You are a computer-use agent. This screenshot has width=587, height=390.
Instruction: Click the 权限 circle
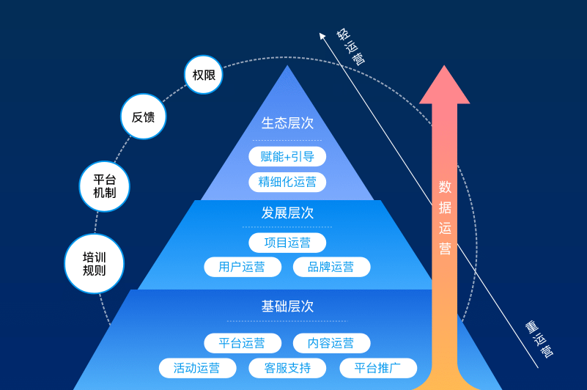pos(203,75)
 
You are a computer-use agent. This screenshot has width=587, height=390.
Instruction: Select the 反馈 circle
pos(144,117)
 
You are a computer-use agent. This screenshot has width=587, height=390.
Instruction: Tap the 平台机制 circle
pos(105,186)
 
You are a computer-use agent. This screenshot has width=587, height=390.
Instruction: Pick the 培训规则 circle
pos(95,263)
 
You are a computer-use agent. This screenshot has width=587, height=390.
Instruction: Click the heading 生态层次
pos(287,123)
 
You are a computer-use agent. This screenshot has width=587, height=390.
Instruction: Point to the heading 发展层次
pos(287,213)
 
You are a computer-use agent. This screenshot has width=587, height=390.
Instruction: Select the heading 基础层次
pos(287,306)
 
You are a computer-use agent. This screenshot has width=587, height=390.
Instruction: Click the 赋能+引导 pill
pos(287,156)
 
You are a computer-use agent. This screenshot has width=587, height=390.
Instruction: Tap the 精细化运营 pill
pos(287,182)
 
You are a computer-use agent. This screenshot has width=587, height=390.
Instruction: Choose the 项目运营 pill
pos(287,243)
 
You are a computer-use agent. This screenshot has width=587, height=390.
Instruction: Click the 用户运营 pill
pos(243,267)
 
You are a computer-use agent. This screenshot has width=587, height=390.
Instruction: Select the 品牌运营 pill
pos(332,267)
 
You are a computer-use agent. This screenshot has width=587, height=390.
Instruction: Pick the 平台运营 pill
pos(243,343)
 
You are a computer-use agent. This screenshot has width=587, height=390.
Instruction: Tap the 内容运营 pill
pos(332,343)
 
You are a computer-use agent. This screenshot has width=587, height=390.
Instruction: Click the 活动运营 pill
pos(198,368)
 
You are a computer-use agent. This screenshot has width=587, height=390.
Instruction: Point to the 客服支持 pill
pos(287,368)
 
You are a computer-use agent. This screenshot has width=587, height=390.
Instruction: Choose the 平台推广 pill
pos(378,368)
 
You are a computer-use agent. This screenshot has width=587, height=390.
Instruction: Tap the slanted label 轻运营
pos(350,46)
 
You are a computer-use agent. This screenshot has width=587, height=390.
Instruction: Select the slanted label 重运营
pos(539,339)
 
